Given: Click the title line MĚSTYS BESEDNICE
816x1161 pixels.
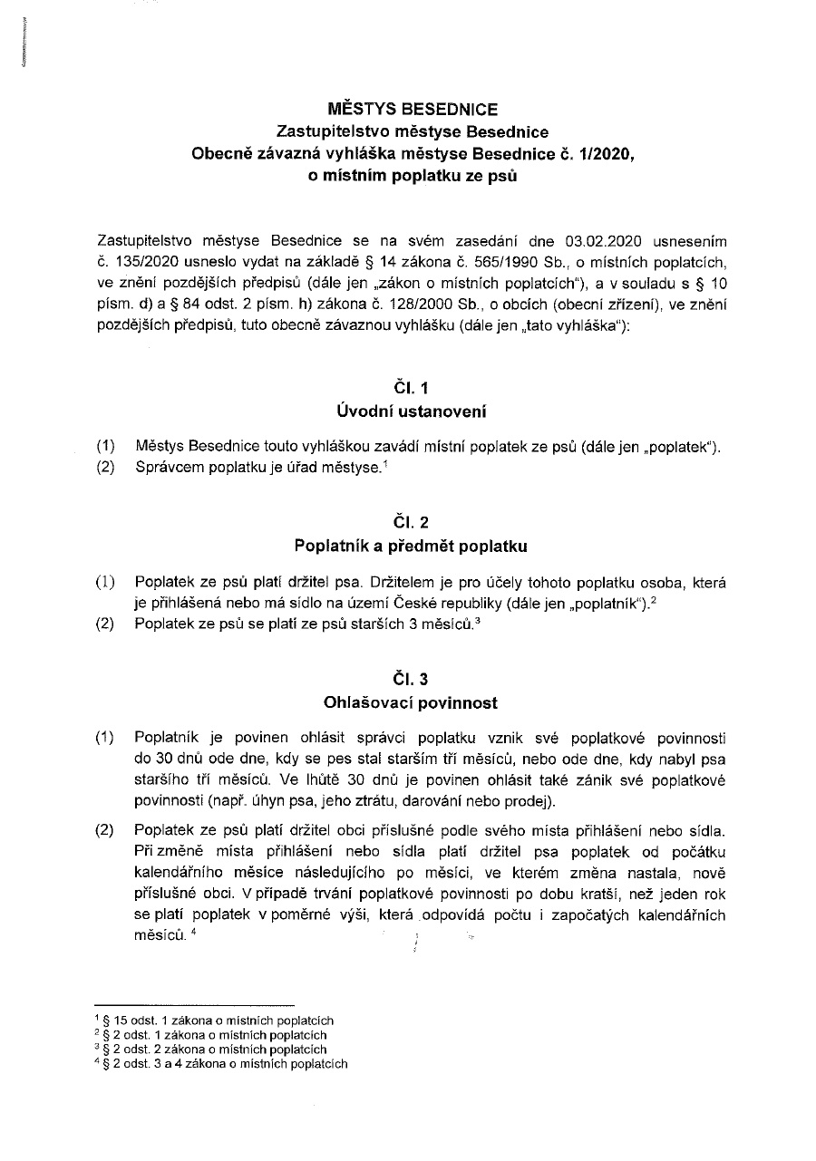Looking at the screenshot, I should pyautogui.click(x=412, y=110).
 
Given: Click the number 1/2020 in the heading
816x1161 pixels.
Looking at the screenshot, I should pyautogui.click(x=604, y=153).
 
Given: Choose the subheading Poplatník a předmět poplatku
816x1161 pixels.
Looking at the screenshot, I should pyautogui.click(x=411, y=546).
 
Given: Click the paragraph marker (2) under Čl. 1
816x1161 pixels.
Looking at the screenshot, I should pyautogui.click(x=106, y=468).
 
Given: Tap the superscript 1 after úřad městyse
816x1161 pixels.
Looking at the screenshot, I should pyautogui.click(x=384, y=463).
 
